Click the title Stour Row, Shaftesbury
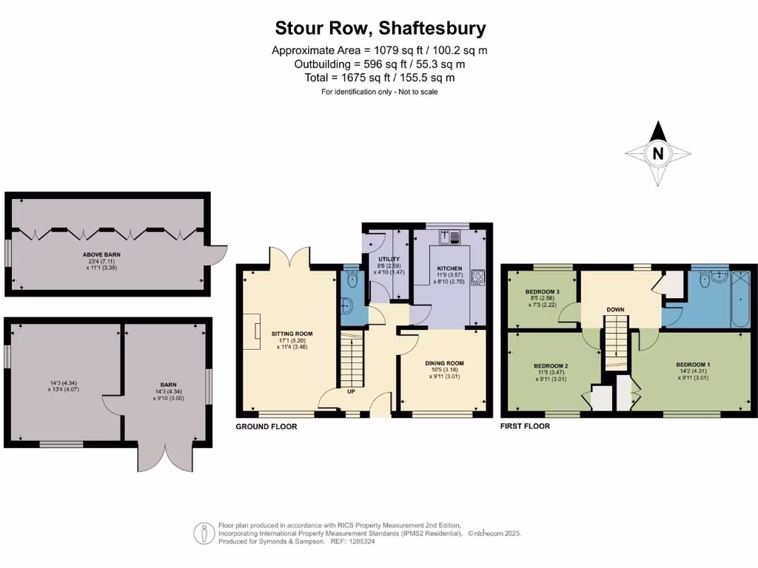(x=380, y=28)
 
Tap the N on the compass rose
(x=657, y=154)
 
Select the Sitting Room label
(x=287, y=334)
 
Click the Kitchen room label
(x=449, y=268)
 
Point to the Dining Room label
(x=444, y=362)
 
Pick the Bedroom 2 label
(x=551, y=365)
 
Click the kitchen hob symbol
(x=477, y=277)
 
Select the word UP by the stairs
(x=351, y=391)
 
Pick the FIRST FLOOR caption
(x=526, y=427)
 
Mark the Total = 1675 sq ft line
(x=380, y=77)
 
